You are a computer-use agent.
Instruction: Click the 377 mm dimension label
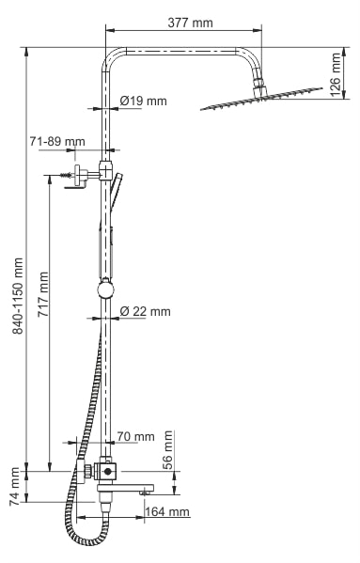[x=190, y=23]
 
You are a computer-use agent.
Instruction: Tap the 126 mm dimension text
[x=336, y=74]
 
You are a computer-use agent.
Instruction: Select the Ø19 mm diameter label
[x=144, y=101]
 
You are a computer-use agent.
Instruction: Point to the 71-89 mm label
[x=57, y=142]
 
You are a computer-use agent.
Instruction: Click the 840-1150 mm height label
[x=18, y=296]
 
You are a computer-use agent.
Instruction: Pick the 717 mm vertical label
[x=43, y=294]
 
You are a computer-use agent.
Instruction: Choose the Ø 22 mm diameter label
[x=146, y=311]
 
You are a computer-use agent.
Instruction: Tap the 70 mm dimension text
[x=135, y=437]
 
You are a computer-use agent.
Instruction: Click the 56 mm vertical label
[x=167, y=450]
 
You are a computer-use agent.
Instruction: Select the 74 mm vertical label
[x=14, y=487]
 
